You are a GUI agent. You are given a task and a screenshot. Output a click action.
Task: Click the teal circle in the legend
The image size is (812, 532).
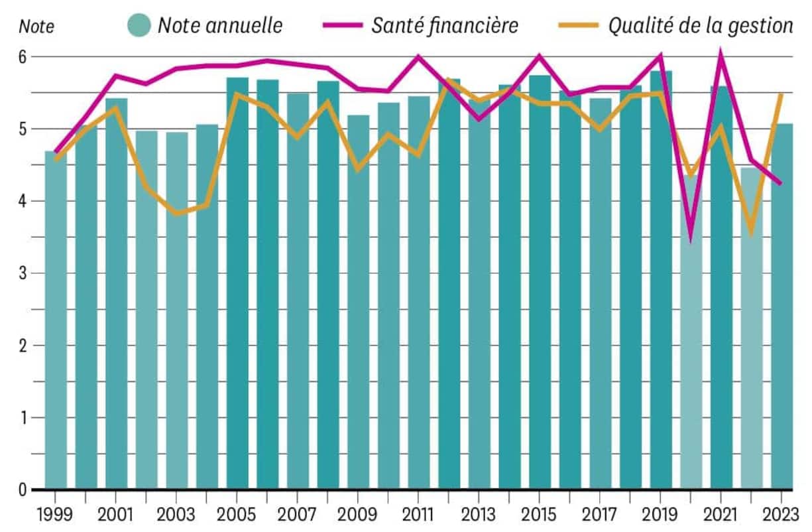pos(139,25)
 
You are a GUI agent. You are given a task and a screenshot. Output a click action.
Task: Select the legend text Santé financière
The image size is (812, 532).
pos(445,25)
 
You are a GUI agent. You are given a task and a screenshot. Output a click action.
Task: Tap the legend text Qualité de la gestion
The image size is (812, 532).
pos(701,25)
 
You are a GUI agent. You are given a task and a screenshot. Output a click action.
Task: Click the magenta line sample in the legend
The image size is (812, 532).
pos(343,25)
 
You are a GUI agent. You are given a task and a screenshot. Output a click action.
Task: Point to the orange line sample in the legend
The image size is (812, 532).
pos(577,25)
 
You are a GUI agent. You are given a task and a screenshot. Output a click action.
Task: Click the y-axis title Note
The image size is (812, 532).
pos(36,27)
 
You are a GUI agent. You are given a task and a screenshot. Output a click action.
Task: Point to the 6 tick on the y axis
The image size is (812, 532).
pos(22,57)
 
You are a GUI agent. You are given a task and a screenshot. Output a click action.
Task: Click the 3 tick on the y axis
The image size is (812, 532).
pos(22,273)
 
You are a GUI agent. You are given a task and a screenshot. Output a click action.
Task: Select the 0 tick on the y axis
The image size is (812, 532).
pos(22,490)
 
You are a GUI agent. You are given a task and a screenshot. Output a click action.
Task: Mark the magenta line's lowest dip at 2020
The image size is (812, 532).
pos(691,238)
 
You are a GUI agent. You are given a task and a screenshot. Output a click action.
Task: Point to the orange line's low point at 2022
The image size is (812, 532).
pos(751,233)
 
